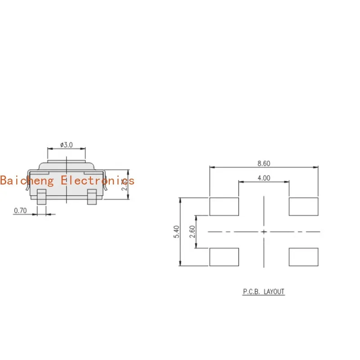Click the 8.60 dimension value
[264, 163]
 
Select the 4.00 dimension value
[264, 178]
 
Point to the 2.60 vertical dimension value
[193, 232]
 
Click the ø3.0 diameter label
[67, 145]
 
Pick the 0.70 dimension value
[21, 210]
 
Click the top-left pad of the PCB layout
[224, 207]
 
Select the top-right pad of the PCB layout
[303, 207]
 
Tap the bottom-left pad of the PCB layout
[224, 256]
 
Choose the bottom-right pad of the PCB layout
[303, 256]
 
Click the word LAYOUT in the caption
[274, 292]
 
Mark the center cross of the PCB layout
[264, 232]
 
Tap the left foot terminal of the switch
[41, 197]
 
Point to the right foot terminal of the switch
[92, 197]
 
